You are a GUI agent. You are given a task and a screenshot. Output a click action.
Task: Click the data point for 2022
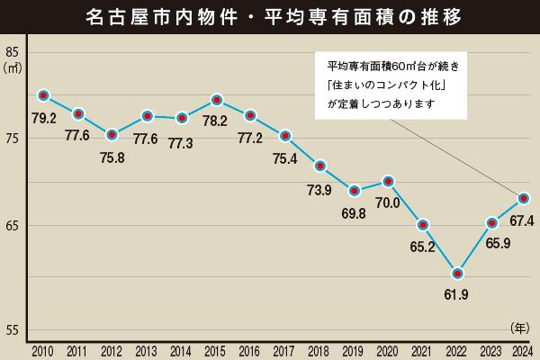(457, 273)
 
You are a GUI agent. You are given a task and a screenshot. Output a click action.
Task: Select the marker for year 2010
(43, 95)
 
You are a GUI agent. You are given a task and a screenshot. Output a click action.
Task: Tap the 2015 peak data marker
(216, 99)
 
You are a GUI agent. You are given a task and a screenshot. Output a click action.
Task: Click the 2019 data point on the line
(355, 190)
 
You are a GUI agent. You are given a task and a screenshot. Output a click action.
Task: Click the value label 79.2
(43, 117)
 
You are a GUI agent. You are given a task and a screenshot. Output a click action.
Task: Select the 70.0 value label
(388, 202)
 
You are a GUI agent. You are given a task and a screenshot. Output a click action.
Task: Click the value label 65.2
(423, 246)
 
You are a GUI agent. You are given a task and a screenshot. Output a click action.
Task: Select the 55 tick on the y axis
(13, 331)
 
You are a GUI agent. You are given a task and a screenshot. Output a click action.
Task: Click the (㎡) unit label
(13, 67)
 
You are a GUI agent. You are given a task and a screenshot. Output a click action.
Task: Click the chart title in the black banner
(270, 17)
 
